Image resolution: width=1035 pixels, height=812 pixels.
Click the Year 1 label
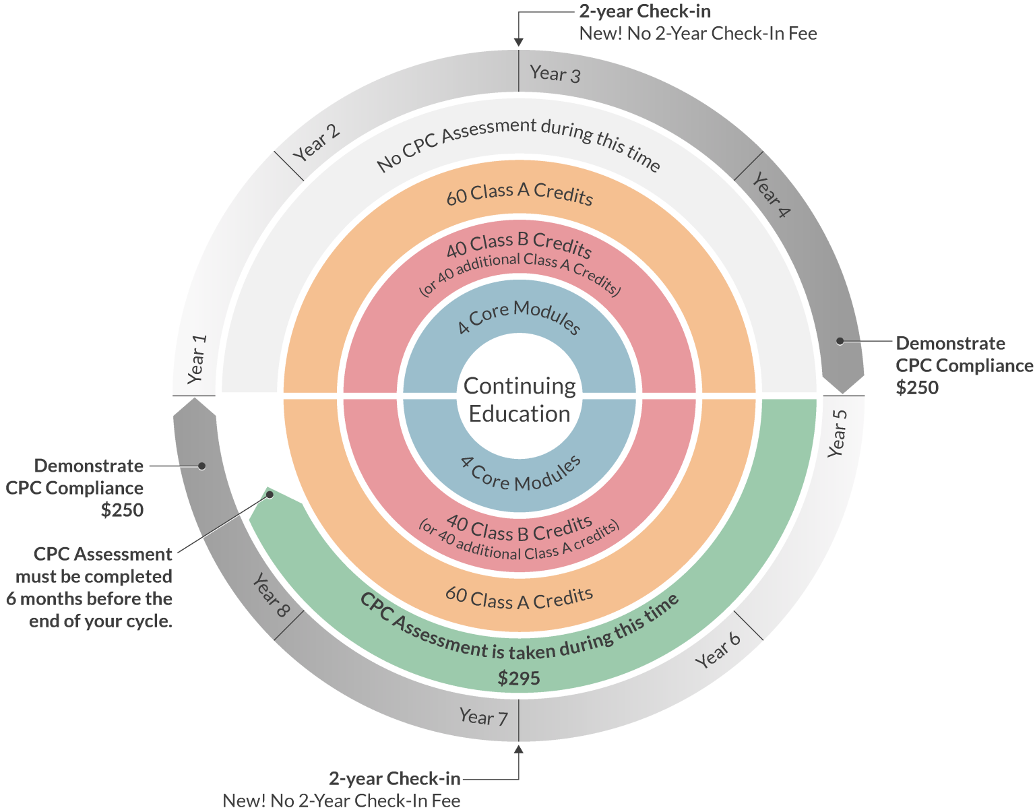point(195,358)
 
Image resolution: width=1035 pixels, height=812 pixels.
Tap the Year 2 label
point(317,143)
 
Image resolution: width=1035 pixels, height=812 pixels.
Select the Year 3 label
point(555,73)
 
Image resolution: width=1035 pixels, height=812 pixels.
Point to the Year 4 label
point(771,194)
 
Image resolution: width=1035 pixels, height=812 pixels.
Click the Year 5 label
point(836,433)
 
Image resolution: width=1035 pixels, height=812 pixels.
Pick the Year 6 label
point(718,650)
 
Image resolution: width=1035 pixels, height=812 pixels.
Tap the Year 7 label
point(483,717)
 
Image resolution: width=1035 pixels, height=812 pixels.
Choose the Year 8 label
point(271,595)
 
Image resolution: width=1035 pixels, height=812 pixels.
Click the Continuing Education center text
point(520,400)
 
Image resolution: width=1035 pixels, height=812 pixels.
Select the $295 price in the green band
point(519,678)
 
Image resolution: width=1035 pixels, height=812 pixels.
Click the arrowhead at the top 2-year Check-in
point(518,42)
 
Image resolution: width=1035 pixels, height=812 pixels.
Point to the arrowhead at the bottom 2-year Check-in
point(518,748)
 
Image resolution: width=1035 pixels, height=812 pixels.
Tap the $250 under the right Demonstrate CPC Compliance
point(916,387)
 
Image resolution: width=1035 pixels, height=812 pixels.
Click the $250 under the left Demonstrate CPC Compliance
point(122,510)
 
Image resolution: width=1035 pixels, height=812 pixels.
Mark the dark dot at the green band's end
point(270,495)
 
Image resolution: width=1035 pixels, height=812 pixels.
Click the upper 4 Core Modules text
point(519,317)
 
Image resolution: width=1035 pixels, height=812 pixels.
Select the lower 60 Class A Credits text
point(519,598)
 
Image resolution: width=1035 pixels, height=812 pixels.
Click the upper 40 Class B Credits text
point(519,244)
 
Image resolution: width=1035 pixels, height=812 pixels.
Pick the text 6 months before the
point(90,598)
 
